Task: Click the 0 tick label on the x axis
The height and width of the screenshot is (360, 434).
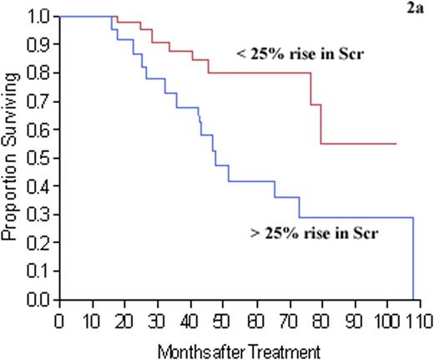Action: coord(58,320)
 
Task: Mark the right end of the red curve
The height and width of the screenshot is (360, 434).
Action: coord(396,144)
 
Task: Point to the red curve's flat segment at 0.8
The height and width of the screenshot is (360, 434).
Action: coord(259,73)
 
